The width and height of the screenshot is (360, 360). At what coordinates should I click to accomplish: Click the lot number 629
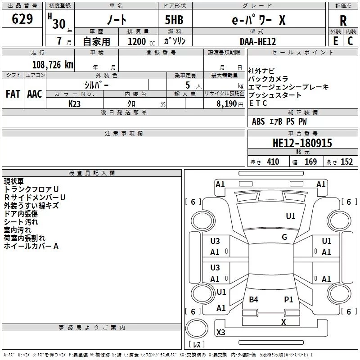pos(23,19)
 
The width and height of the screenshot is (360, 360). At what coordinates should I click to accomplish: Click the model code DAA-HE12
pos(257,41)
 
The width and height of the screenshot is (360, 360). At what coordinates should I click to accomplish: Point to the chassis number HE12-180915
pos(302,144)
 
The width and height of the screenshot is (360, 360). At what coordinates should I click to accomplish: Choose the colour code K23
pos(75,103)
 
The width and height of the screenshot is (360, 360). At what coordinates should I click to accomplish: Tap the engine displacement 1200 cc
pos(137,41)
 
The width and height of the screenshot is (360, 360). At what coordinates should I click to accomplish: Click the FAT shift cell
pos(13,94)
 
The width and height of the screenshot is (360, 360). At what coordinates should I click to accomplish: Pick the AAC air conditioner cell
pos(35,94)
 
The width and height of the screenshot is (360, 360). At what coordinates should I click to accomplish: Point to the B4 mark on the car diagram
pos(254,300)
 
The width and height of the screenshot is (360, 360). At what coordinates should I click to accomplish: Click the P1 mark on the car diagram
pos(288,300)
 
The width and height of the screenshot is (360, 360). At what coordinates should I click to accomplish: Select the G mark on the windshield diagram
pos(284,237)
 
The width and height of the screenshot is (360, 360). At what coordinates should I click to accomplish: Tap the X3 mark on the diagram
pos(221,333)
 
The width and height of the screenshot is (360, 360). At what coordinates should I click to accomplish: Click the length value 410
pos(273,162)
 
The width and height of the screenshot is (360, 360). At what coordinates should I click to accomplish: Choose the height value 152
pos(346,162)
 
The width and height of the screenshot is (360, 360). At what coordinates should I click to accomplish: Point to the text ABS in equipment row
pos(258,121)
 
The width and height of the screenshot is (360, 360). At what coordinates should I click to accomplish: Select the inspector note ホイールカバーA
pos(31,246)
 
